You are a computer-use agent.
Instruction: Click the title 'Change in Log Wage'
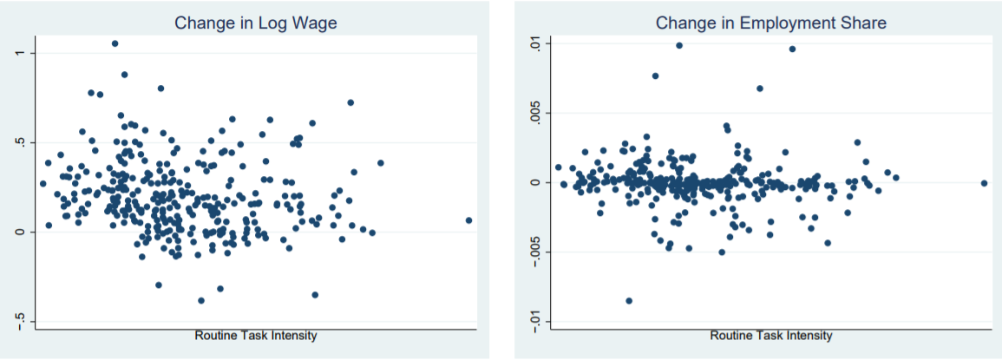pos(256,23)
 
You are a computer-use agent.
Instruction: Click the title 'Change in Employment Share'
pos(770,23)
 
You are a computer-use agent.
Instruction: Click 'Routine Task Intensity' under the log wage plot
pos(255,336)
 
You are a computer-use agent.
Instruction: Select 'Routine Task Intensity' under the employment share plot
pos(770,336)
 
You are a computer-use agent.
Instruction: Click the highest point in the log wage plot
pos(115,43)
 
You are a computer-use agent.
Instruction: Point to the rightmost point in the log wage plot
pos(469,220)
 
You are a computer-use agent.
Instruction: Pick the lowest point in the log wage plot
pos(201,300)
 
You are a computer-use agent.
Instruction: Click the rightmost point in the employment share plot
pos(985,184)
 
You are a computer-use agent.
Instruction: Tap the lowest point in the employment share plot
pos(629,300)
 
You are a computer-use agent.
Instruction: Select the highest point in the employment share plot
pos(679,45)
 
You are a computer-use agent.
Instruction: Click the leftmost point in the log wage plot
pos(43,184)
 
